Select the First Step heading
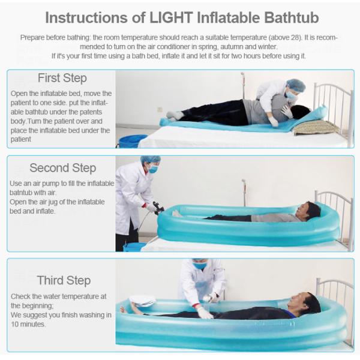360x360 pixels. point(62,78)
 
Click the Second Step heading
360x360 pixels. point(62,168)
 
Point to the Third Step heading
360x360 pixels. point(64,280)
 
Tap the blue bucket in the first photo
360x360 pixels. point(132,141)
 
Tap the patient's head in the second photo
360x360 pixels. point(311,211)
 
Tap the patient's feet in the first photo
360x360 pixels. point(173,115)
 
